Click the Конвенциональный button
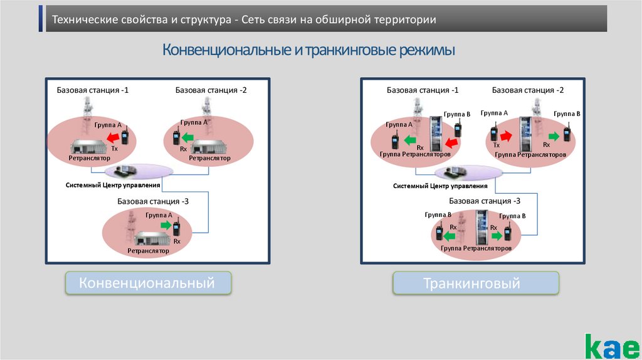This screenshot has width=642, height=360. click(149, 283)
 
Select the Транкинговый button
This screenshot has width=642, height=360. click(475, 283)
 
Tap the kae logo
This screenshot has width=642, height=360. click(612, 345)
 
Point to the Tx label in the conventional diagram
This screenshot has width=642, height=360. click(114, 149)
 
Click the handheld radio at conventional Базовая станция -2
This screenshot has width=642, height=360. click(176, 137)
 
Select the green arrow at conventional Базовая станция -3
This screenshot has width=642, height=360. click(166, 225)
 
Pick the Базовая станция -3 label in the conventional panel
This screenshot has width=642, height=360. click(152, 201)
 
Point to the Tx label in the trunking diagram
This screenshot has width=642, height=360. click(497, 145)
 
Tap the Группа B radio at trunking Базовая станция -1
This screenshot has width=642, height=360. click(458, 130)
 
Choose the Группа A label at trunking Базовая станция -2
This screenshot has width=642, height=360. click(494, 113)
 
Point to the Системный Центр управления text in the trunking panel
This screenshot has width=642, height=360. click(440, 186)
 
